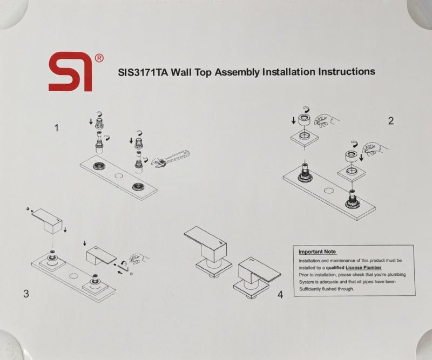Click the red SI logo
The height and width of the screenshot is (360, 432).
click(x=71, y=72)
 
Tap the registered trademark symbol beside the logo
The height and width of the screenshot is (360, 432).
click(x=99, y=58)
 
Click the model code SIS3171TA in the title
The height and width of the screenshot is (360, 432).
click(x=143, y=72)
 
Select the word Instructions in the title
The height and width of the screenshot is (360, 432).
click(x=347, y=72)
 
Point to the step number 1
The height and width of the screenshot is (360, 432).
click(x=57, y=128)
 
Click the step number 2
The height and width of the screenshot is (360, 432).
click(x=390, y=121)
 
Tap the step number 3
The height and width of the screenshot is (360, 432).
click(x=26, y=294)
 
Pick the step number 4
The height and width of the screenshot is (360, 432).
click(x=280, y=295)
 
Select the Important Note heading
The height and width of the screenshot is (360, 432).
click(x=317, y=252)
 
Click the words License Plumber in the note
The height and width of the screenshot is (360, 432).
click(x=363, y=268)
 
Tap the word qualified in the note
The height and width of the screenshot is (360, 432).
click(x=335, y=268)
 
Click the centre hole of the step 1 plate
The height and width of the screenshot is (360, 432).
click(x=119, y=175)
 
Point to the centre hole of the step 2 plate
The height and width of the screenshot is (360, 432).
click(x=329, y=191)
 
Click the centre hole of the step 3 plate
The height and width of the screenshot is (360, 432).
click(x=73, y=276)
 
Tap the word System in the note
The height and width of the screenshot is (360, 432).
click(x=306, y=282)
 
